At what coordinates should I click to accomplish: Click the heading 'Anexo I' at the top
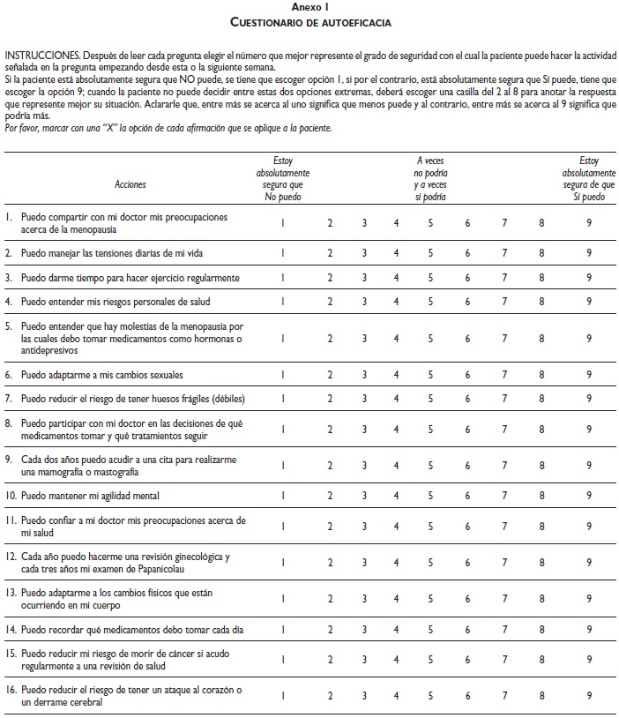pyautogui.click(x=309, y=6)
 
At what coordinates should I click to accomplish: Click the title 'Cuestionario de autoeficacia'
pyautogui.click(x=309, y=19)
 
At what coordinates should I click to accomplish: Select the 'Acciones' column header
pyautogui.click(x=131, y=184)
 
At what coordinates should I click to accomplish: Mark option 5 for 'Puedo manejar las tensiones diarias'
pyautogui.click(x=431, y=253)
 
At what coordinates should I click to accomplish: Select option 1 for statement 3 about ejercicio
pyautogui.click(x=282, y=278)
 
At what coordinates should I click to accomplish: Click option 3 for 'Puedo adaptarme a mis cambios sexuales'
pyautogui.click(x=363, y=374)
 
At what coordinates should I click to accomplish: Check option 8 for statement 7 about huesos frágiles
pyautogui.click(x=542, y=399)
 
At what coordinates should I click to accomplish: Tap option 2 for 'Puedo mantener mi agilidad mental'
pyautogui.click(x=329, y=496)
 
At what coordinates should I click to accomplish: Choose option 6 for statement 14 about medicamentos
pyautogui.click(x=467, y=631)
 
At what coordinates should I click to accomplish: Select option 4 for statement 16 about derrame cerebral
pyautogui.click(x=397, y=696)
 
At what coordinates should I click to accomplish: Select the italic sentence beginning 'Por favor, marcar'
pyautogui.click(x=168, y=128)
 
